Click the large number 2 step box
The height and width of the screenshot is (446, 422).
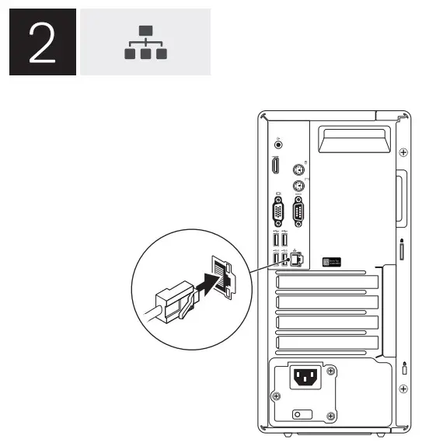(42, 42)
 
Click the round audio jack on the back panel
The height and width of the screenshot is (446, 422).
(279, 143)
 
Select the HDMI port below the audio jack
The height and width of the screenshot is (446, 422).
(275, 166)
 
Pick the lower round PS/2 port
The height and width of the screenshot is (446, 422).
(296, 186)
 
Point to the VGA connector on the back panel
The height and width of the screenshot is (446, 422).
(277, 211)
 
